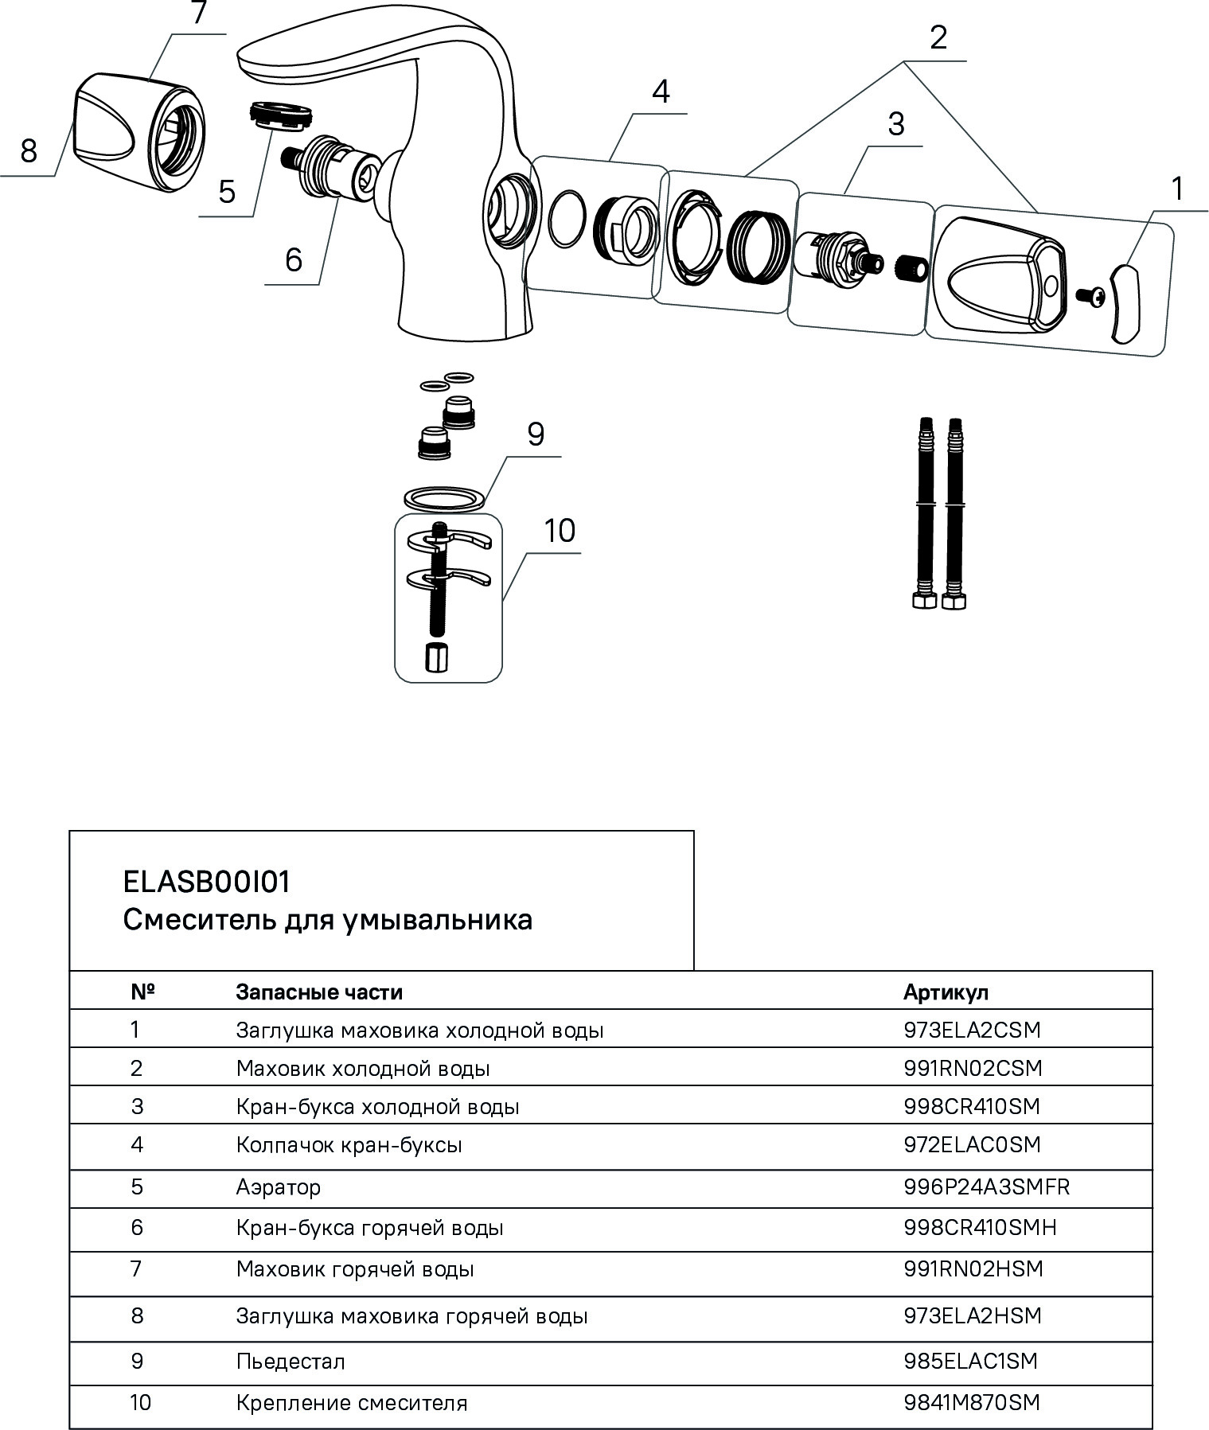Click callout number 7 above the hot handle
click(198, 16)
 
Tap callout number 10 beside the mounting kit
click(560, 531)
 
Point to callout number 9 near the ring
click(535, 435)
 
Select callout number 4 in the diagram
click(660, 92)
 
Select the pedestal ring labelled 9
click(445, 498)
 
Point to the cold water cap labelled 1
click(1126, 303)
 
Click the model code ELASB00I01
click(207, 882)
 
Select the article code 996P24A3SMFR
click(986, 1187)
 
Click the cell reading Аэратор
click(279, 1187)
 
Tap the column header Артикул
click(946, 992)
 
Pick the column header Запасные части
click(319, 992)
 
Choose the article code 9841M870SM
click(971, 1402)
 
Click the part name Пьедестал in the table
click(291, 1361)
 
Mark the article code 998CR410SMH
click(980, 1227)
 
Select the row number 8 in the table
click(137, 1315)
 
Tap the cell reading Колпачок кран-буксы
click(349, 1145)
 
